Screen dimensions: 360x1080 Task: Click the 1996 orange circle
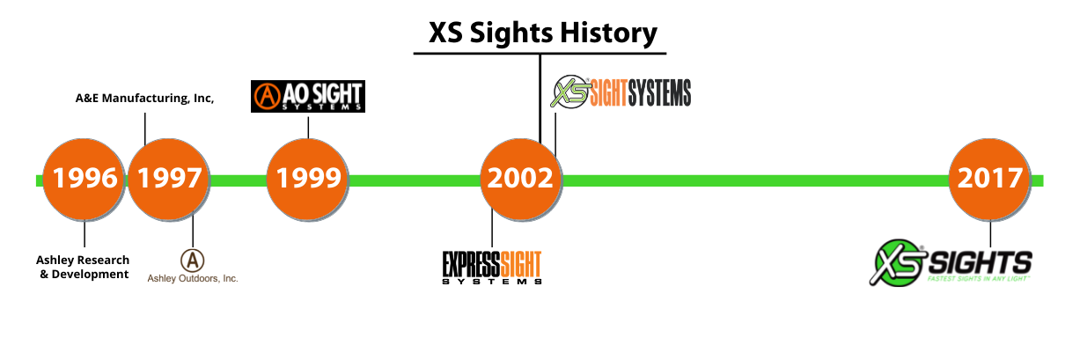pyautogui.click(x=84, y=179)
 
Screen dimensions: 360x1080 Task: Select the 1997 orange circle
pyautogui.click(x=169, y=179)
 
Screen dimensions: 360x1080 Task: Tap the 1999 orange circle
pyautogui.click(x=308, y=179)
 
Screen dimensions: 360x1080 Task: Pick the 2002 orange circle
pyautogui.click(x=521, y=179)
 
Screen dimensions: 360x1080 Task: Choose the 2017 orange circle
pyautogui.click(x=990, y=179)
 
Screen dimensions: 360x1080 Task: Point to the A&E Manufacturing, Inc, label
pyautogui.click(x=145, y=99)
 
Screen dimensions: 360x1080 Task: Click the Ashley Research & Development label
pyautogui.click(x=83, y=267)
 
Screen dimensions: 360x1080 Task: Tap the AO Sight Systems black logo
pyautogui.click(x=308, y=96)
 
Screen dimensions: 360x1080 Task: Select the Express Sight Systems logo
pyautogui.click(x=491, y=267)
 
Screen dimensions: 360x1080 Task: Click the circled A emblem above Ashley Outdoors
pyautogui.click(x=193, y=260)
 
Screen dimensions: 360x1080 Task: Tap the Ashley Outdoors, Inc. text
pyautogui.click(x=193, y=278)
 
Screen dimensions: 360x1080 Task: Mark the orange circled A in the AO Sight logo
pyautogui.click(x=267, y=95)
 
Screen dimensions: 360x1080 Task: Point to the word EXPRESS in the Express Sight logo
pyautogui.click(x=471, y=262)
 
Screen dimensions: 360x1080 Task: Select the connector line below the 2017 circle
pyautogui.click(x=990, y=233)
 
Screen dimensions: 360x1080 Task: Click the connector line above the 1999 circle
pyautogui.click(x=308, y=126)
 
